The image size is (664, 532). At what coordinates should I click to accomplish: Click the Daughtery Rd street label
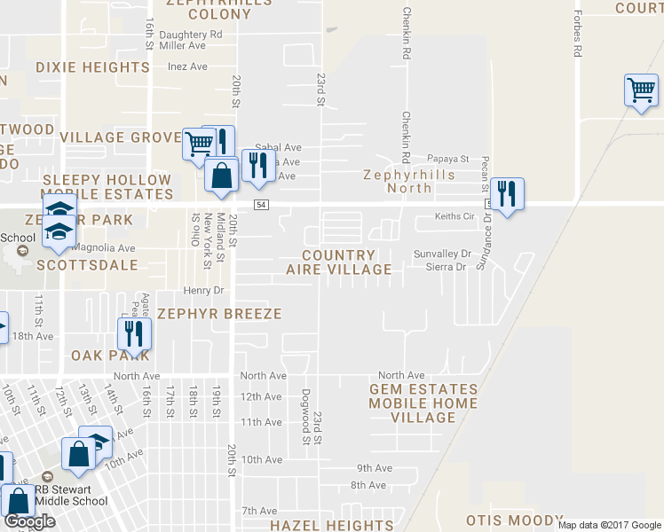tap(191, 35)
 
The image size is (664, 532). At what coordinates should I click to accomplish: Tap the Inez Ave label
tap(187, 66)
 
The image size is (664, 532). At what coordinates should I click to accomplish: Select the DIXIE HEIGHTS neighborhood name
tap(93, 67)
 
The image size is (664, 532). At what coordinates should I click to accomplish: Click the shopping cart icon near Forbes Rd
tap(641, 90)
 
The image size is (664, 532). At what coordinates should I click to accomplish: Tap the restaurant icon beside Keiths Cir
tap(507, 194)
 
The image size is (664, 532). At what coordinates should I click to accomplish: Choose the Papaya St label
tap(447, 159)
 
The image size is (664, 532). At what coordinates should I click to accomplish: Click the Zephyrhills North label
tap(410, 181)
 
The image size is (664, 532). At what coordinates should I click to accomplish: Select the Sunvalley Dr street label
tap(442, 254)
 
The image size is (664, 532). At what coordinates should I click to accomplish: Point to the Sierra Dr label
tap(447, 265)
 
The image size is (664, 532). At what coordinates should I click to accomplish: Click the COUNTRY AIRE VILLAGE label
tap(339, 262)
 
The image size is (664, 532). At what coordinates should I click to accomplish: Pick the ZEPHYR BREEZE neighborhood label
tap(219, 314)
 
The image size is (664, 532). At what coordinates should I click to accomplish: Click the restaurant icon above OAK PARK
tap(135, 333)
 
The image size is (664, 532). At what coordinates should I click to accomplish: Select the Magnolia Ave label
tap(105, 248)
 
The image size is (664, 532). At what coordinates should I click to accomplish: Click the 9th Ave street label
tap(374, 468)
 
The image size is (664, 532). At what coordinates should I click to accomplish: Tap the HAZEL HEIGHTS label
tap(332, 525)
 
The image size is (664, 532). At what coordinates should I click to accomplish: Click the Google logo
tap(28, 521)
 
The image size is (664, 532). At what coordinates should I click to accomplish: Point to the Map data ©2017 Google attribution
tap(609, 525)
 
